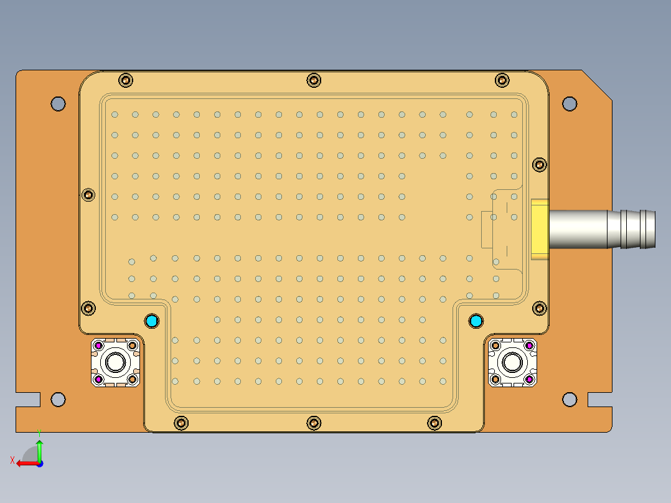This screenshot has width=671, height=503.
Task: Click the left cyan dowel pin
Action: [x=151, y=321]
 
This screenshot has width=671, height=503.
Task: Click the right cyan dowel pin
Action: [x=476, y=321]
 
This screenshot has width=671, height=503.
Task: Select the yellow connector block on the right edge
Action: [x=539, y=228]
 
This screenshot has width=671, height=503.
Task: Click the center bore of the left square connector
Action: [x=115, y=362]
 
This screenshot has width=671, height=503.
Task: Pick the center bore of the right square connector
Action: [x=512, y=362]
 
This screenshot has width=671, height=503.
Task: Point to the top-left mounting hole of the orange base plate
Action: [x=58, y=103]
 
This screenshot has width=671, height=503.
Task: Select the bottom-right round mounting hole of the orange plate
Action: [x=570, y=399]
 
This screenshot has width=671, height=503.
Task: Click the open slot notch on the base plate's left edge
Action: [x=28, y=400]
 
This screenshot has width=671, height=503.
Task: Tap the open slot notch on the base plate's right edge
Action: [x=599, y=400]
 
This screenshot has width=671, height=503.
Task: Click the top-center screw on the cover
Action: [x=314, y=80]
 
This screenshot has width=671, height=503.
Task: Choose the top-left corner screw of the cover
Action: [x=126, y=80]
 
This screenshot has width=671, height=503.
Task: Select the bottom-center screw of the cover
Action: [x=314, y=423]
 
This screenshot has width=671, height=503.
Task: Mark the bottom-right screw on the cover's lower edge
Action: [x=434, y=423]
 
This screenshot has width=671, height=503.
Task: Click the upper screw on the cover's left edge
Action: [x=89, y=194]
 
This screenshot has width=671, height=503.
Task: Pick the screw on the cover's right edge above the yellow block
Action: [x=540, y=164]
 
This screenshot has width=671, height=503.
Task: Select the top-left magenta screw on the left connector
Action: [x=98, y=345]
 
